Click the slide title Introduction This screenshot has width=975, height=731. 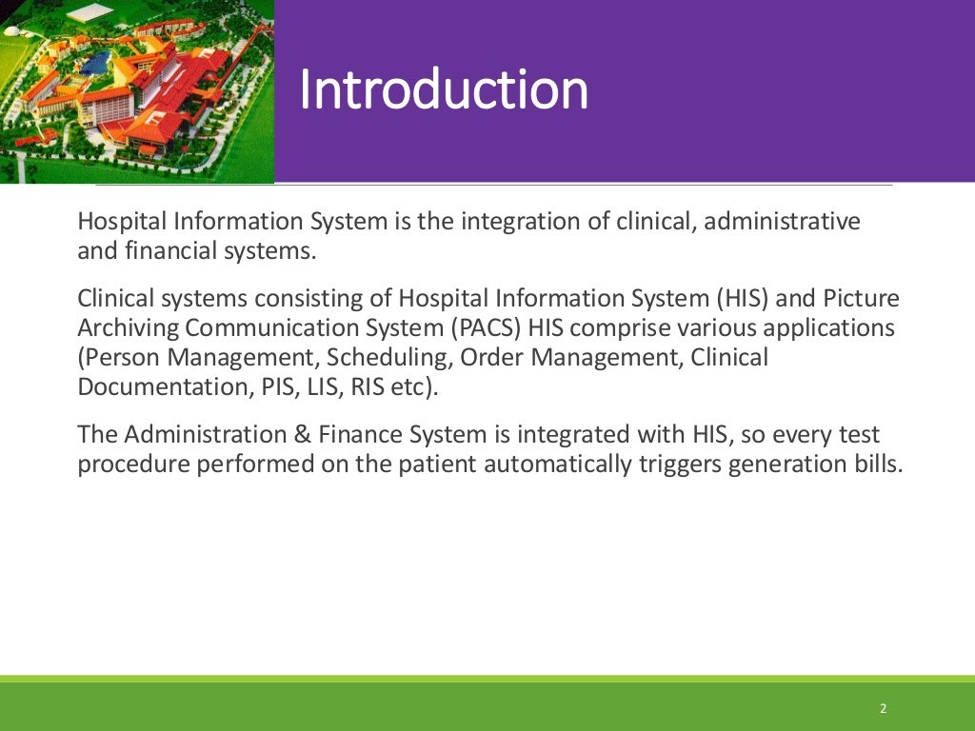(444, 90)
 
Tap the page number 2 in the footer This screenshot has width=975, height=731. (883, 709)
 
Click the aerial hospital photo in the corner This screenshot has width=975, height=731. (136, 91)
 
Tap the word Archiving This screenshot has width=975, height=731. (129, 328)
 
